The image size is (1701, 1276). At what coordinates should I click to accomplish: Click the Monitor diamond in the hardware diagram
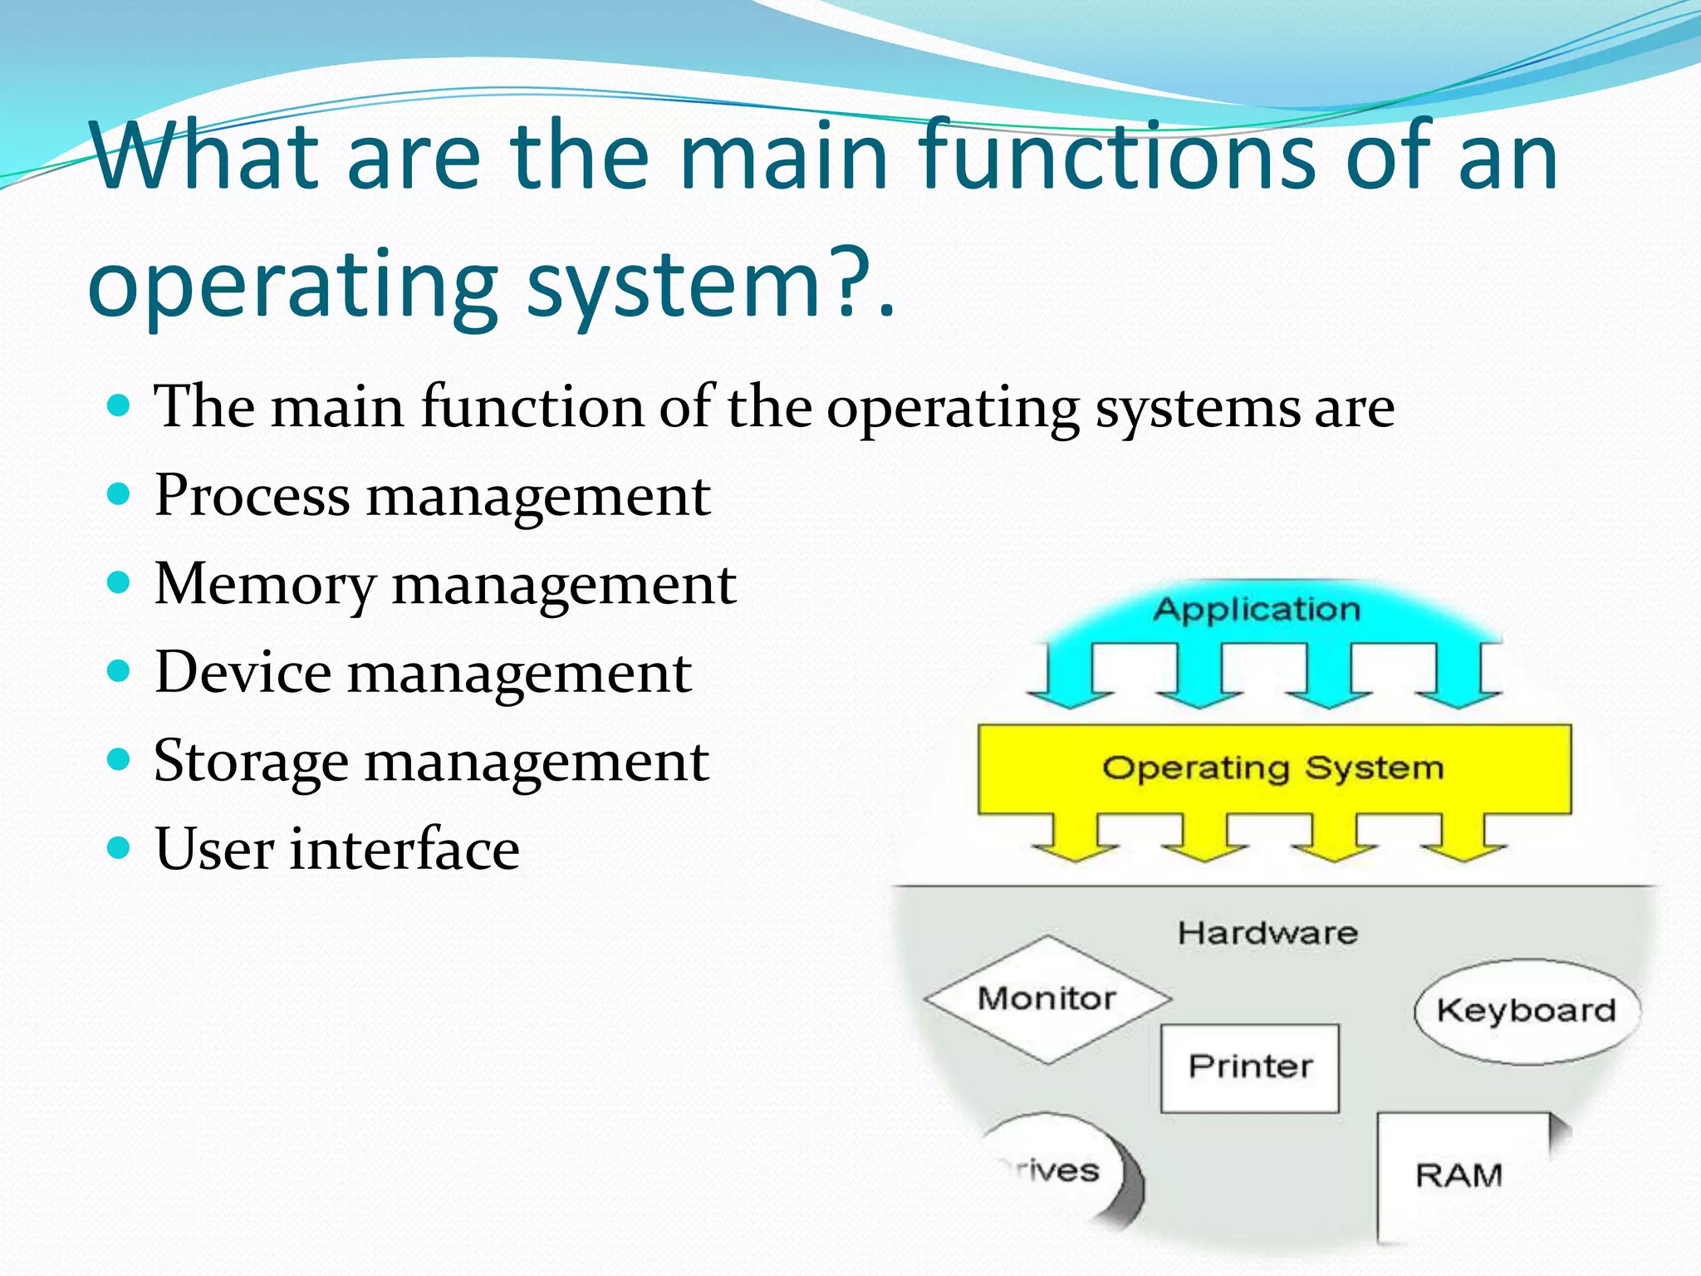pyautogui.click(x=1047, y=999)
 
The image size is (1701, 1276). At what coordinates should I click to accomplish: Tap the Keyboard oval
pyautogui.click(x=1527, y=1011)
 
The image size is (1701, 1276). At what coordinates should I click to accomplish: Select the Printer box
pyautogui.click(x=1250, y=1067)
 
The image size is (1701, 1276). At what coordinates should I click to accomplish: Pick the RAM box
pyautogui.click(x=1459, y=1175)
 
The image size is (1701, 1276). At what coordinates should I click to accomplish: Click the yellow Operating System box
pyautogui.click(x=1273, y=768)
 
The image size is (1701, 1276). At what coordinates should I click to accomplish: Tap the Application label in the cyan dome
pyautogui.click(x=1257, y=610)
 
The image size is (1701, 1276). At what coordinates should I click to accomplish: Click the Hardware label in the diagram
pyautogui.click(x=1267, y=933)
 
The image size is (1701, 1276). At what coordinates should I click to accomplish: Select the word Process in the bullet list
pyautogui.click(x=252, y=497)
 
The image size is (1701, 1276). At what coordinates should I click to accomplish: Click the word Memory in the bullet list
pyautogui.click(x=265, y=585)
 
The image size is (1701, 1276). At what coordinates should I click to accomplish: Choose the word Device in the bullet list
pyautogui.click(x=243, y=673)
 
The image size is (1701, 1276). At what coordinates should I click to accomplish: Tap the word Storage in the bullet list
pyautogui.click(x=251, y=763)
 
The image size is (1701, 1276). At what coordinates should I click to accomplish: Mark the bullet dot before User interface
pyautogui.click(x=120, y=848)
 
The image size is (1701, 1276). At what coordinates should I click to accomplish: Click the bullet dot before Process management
pyautogui.click(x=120, y=495)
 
